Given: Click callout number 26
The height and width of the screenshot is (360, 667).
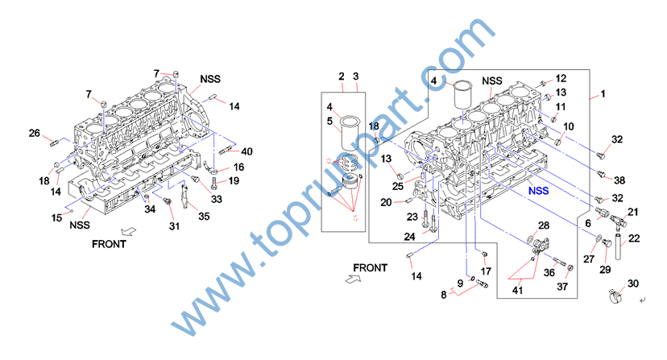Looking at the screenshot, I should [35, 133].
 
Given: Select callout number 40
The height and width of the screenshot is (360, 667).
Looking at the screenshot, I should [246, 151].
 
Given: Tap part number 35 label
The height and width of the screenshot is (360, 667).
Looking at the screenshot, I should [204, 216].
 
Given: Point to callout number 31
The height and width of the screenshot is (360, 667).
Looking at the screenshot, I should [174, 226].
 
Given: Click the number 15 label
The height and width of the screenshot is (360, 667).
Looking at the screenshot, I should [56, 218].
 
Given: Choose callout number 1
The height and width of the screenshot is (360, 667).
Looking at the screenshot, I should [603, 96].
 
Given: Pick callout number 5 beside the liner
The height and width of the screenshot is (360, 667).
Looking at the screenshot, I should [329, 122].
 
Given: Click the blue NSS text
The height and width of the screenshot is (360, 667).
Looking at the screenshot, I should [539, 192].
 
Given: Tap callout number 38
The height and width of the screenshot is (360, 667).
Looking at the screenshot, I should [619, 179].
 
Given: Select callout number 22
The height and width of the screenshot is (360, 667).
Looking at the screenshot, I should [634, 238].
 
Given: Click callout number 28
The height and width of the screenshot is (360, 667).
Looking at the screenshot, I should [544, 226].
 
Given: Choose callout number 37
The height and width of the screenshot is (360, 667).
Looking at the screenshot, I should [563, 286].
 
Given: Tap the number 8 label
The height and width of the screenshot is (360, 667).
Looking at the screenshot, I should [443, 296].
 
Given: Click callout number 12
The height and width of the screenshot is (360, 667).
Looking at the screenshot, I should [561, 79].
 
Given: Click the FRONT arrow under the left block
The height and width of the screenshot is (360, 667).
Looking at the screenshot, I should [135, 230].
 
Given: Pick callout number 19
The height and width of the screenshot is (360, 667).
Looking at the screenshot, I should [234, 181].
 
